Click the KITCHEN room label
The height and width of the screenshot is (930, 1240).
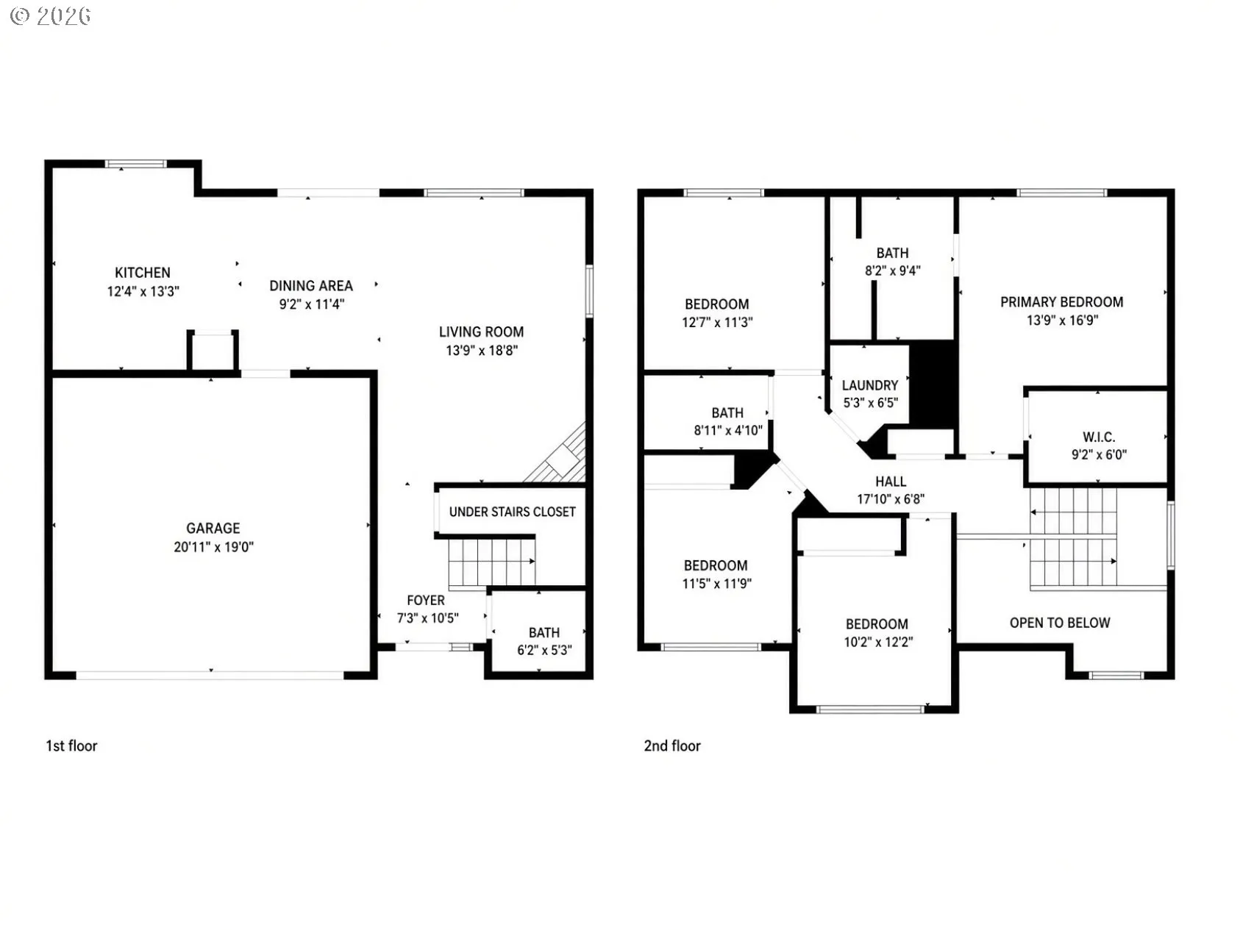click(x=143, y=273)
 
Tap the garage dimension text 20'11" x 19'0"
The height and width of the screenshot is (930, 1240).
click(x=213, y=547)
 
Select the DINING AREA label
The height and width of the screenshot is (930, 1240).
click(x=311, y=285)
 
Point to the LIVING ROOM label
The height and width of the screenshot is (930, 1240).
click(x=482, y=332)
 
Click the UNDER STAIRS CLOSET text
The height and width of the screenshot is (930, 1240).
click(x=513, y=512)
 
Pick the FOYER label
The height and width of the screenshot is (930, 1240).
click(x=426, y=600)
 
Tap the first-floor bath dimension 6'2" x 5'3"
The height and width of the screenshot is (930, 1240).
click(x=544, y=650)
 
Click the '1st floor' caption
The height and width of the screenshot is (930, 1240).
click(x=71, y=745)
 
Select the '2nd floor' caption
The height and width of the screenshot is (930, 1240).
click(x=672, y=745)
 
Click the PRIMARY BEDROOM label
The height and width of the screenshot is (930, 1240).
click(x=1062, y=301)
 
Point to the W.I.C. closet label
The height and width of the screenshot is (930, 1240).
click(x=1099, y=437)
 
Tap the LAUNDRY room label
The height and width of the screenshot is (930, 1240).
click(x=870, y=385)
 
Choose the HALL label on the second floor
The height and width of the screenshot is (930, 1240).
click(x=891, y=482)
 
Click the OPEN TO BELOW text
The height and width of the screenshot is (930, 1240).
click(x=1060, y=623)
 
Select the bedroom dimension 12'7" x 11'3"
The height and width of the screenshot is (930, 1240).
click(x=718, y=322)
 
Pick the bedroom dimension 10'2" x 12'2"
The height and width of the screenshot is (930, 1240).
click(x=877, y=642)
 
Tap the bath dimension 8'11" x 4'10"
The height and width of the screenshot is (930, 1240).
click(x=728, y=430)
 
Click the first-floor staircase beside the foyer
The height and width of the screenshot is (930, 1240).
click(x=491, y=562)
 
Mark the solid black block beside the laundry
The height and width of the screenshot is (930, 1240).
click(x=933, y=383)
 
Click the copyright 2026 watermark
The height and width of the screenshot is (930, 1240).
click(x=51, y=16)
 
